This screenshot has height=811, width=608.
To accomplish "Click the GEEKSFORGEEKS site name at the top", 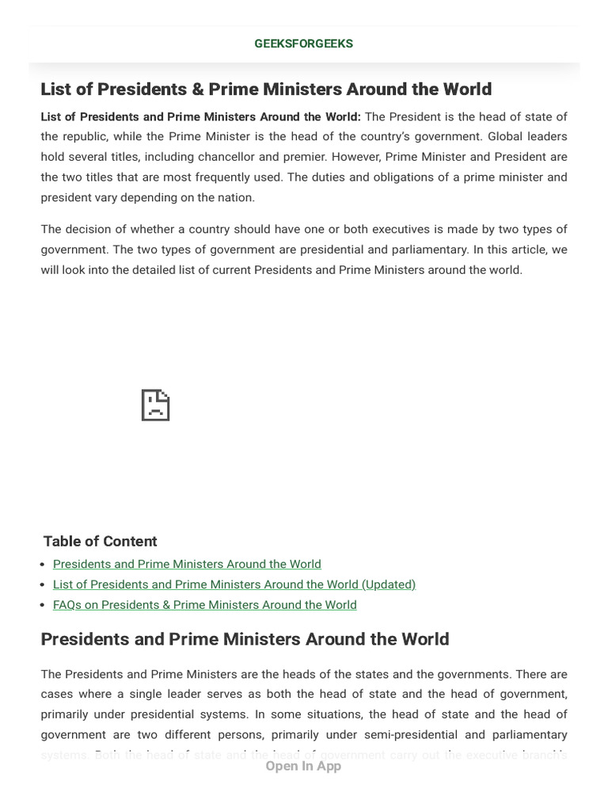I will pyautogui.click(x=304, y=44).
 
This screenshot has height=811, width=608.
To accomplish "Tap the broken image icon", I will pyautogui.click(x=155, y=405).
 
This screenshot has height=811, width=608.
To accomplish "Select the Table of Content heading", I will pyautogui.click(x=100, y=542).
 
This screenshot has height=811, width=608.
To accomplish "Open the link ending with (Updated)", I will pyautogui.click(x=234, y=584).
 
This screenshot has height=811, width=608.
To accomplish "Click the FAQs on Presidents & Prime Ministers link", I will pyautogui.click(x=204, y=605).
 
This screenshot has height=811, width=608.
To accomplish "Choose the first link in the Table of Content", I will pyautogui.click(x=187, y=564).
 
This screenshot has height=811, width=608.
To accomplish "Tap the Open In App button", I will pyautogui.click(x=303, y=766).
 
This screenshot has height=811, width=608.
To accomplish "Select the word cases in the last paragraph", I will pyautogui.click(x=56, y=695).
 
